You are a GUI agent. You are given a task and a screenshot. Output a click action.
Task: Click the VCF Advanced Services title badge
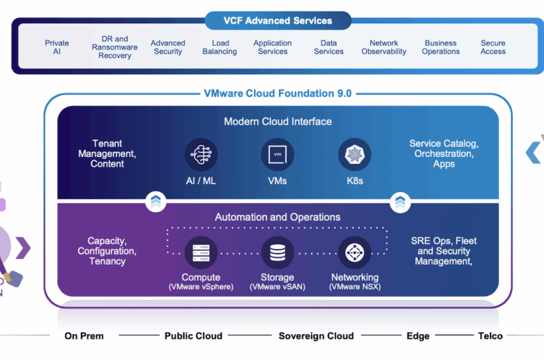pos(278,20)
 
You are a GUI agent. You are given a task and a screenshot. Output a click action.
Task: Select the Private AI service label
pos(57,47)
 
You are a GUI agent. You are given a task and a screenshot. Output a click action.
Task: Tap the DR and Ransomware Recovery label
pos(114,47)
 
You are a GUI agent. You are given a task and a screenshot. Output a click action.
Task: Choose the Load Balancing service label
pos(220,47)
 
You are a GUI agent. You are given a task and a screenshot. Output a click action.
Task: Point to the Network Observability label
pos(384,47)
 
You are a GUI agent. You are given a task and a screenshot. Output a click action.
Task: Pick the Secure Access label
pos(493,47)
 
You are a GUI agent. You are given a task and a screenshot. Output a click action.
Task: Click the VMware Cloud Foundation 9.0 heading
pos(278,93)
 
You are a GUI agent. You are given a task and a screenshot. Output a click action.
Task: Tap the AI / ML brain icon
pos(202,154)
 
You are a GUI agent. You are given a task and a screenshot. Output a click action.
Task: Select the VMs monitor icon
pos(278,154)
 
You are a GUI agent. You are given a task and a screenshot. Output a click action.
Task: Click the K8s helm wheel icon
pos(354,154)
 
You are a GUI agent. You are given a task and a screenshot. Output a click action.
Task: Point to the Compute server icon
pos(202,253)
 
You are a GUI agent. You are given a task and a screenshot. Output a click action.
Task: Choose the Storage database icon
pos(278,253)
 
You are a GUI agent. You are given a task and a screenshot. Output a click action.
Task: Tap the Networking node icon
pos(354,253)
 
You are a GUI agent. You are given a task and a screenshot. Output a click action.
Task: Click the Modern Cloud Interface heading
pos(278,121)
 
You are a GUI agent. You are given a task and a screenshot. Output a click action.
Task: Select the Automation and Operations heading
pos(278,217)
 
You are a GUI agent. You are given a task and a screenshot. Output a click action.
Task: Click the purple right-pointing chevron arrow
pos(23,248)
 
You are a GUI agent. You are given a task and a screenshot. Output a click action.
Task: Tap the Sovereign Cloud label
pos(316,336)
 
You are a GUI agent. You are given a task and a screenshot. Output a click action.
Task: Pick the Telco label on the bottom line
pos(490,336)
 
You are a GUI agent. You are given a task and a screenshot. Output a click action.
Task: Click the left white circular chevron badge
pos(156,202)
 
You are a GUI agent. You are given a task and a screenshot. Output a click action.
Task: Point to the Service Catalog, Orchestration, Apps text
pos(444,153)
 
